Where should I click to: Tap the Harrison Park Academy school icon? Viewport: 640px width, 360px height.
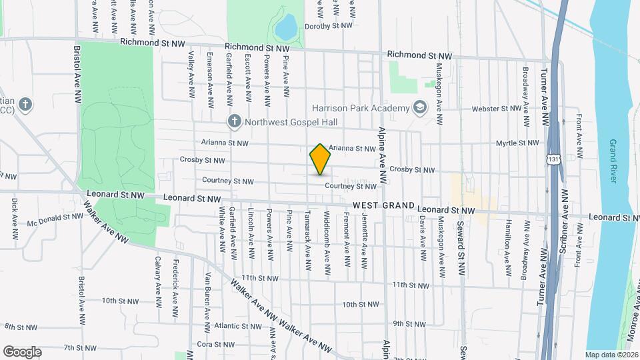click(x=420, y=108)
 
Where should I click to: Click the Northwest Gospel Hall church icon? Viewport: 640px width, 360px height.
click(x=234, y=121)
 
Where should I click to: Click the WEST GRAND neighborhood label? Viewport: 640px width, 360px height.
click(x=384, y=205)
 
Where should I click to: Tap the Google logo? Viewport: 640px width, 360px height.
click(x=22, y=351)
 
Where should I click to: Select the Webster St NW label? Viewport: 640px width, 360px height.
click(x=495, y=108)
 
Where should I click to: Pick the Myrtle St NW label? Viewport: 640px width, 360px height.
click(x=517, y=143)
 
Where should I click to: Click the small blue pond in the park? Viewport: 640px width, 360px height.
click(x=286, y=27)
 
